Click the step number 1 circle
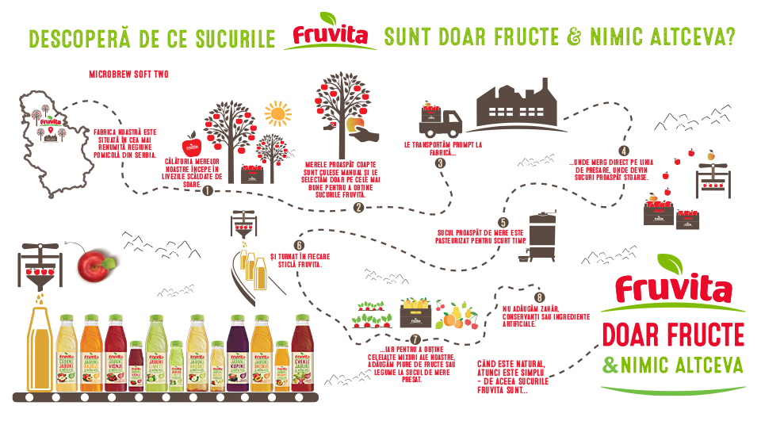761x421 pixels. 207,190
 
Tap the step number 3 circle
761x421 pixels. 438,163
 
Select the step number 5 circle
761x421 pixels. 503,223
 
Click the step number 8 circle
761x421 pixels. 540,297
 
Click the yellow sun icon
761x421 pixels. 278,114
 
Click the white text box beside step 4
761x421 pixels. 606,170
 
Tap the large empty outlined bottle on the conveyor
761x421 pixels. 40,349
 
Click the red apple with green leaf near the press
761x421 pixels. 98,267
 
